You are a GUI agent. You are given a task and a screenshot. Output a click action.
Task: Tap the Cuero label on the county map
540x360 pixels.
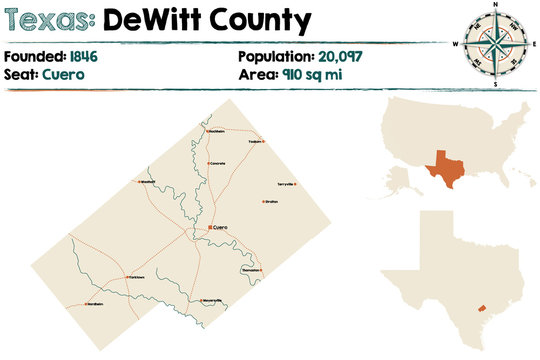[219, 227]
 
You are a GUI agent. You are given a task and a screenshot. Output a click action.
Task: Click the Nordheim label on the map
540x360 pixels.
[94, 303]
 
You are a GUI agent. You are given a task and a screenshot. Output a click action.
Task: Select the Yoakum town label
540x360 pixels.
[254, 142]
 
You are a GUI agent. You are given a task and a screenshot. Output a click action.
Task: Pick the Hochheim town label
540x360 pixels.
[215, 131]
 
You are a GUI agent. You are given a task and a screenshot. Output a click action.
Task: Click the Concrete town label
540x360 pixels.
[217, 163]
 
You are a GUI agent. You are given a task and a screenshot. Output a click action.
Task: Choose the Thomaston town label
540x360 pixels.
[251, 270]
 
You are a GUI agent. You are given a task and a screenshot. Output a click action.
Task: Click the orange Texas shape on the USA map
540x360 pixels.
[442, 169]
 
